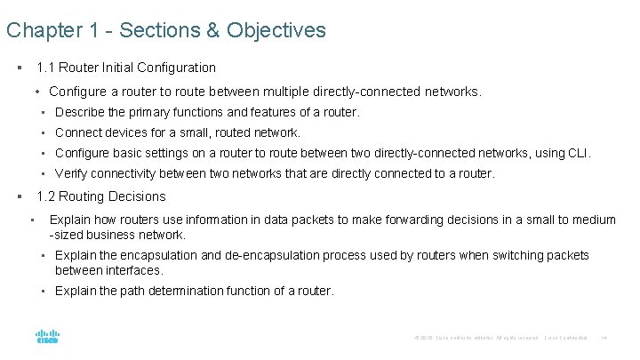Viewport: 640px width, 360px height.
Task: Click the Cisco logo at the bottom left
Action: click(x=47, y=338)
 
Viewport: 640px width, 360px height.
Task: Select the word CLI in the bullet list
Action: click(x=577, y=154)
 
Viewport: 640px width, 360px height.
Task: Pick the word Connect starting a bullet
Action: click(x=78, y=132)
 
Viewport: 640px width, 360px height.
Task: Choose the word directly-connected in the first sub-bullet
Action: click(x=378, y=92)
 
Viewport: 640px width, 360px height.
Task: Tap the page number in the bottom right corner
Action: click(x=604, y=338)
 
